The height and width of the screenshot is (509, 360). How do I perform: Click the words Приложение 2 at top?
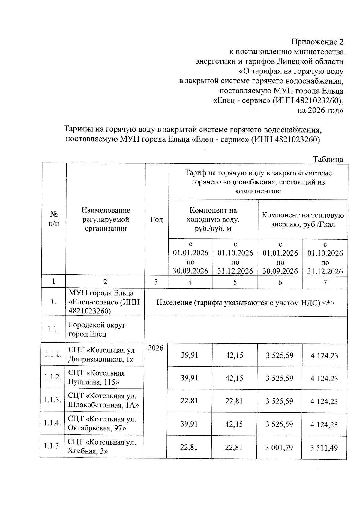click(317, 42)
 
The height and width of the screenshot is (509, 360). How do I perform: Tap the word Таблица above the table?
click(328, 159)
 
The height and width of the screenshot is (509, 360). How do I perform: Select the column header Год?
click(156, 219)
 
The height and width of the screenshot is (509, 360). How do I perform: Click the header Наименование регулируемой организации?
click(106, 219)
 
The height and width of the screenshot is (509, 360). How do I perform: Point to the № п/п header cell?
click(54, 219)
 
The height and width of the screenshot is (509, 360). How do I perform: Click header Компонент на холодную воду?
click(213, 219)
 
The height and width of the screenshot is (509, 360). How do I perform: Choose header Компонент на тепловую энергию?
click(303, 219)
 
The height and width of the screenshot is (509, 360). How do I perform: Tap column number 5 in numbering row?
click(235, 282)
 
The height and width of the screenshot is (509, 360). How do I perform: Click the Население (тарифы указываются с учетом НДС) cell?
click(246, 302)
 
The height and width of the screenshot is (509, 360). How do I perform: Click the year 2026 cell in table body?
click(156, 348)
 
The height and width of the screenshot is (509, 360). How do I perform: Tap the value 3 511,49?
click(324, 448)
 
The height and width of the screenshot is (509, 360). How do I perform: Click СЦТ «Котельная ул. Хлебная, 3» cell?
click(102, 446)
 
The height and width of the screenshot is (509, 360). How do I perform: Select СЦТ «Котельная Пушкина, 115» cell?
click(97, 377)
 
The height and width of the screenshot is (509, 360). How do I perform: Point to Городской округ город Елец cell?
click(97, 329)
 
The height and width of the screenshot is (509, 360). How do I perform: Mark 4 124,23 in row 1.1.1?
click(324, 355)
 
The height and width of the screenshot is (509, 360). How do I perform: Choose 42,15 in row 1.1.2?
click(234, 378)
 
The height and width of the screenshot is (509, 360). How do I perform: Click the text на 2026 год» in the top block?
click(320, 110)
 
